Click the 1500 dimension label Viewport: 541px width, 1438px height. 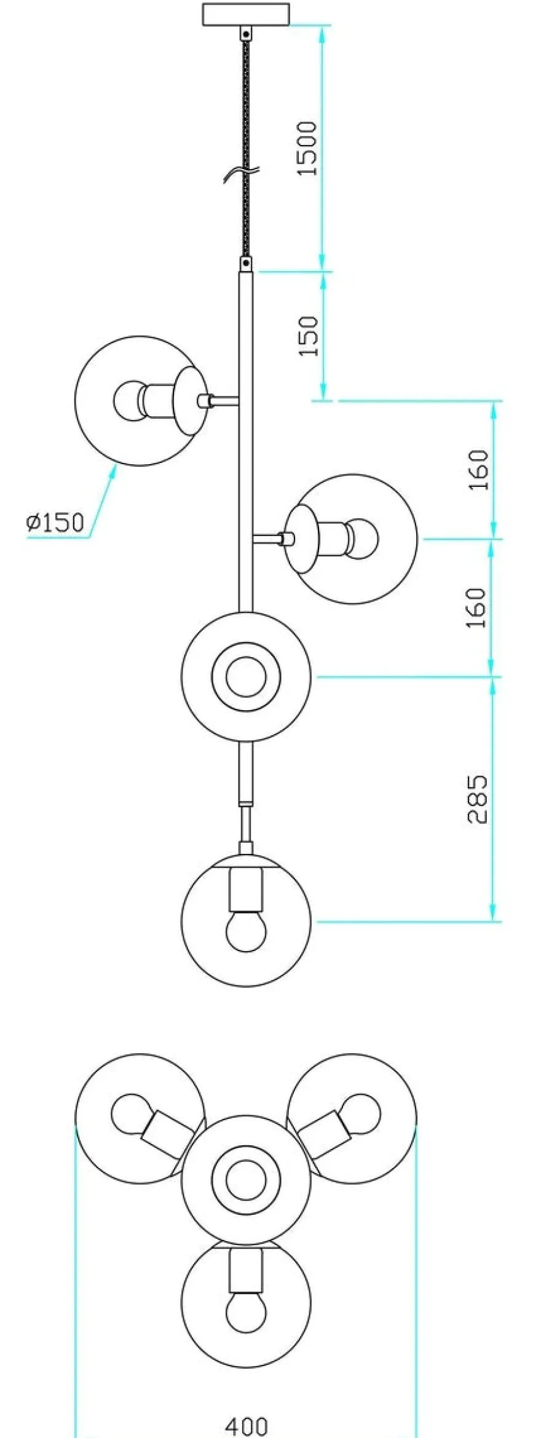(307, 148)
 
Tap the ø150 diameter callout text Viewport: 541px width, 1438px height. (55, 522)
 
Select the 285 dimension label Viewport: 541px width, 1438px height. (477, 799)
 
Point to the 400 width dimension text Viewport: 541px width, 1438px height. (247, 1426)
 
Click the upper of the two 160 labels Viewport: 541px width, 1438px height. (478, 470)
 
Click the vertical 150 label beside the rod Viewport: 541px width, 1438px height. (309, 336)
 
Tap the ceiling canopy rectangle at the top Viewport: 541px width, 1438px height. (246, 14)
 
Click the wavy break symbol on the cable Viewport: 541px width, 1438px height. (242, 173)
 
